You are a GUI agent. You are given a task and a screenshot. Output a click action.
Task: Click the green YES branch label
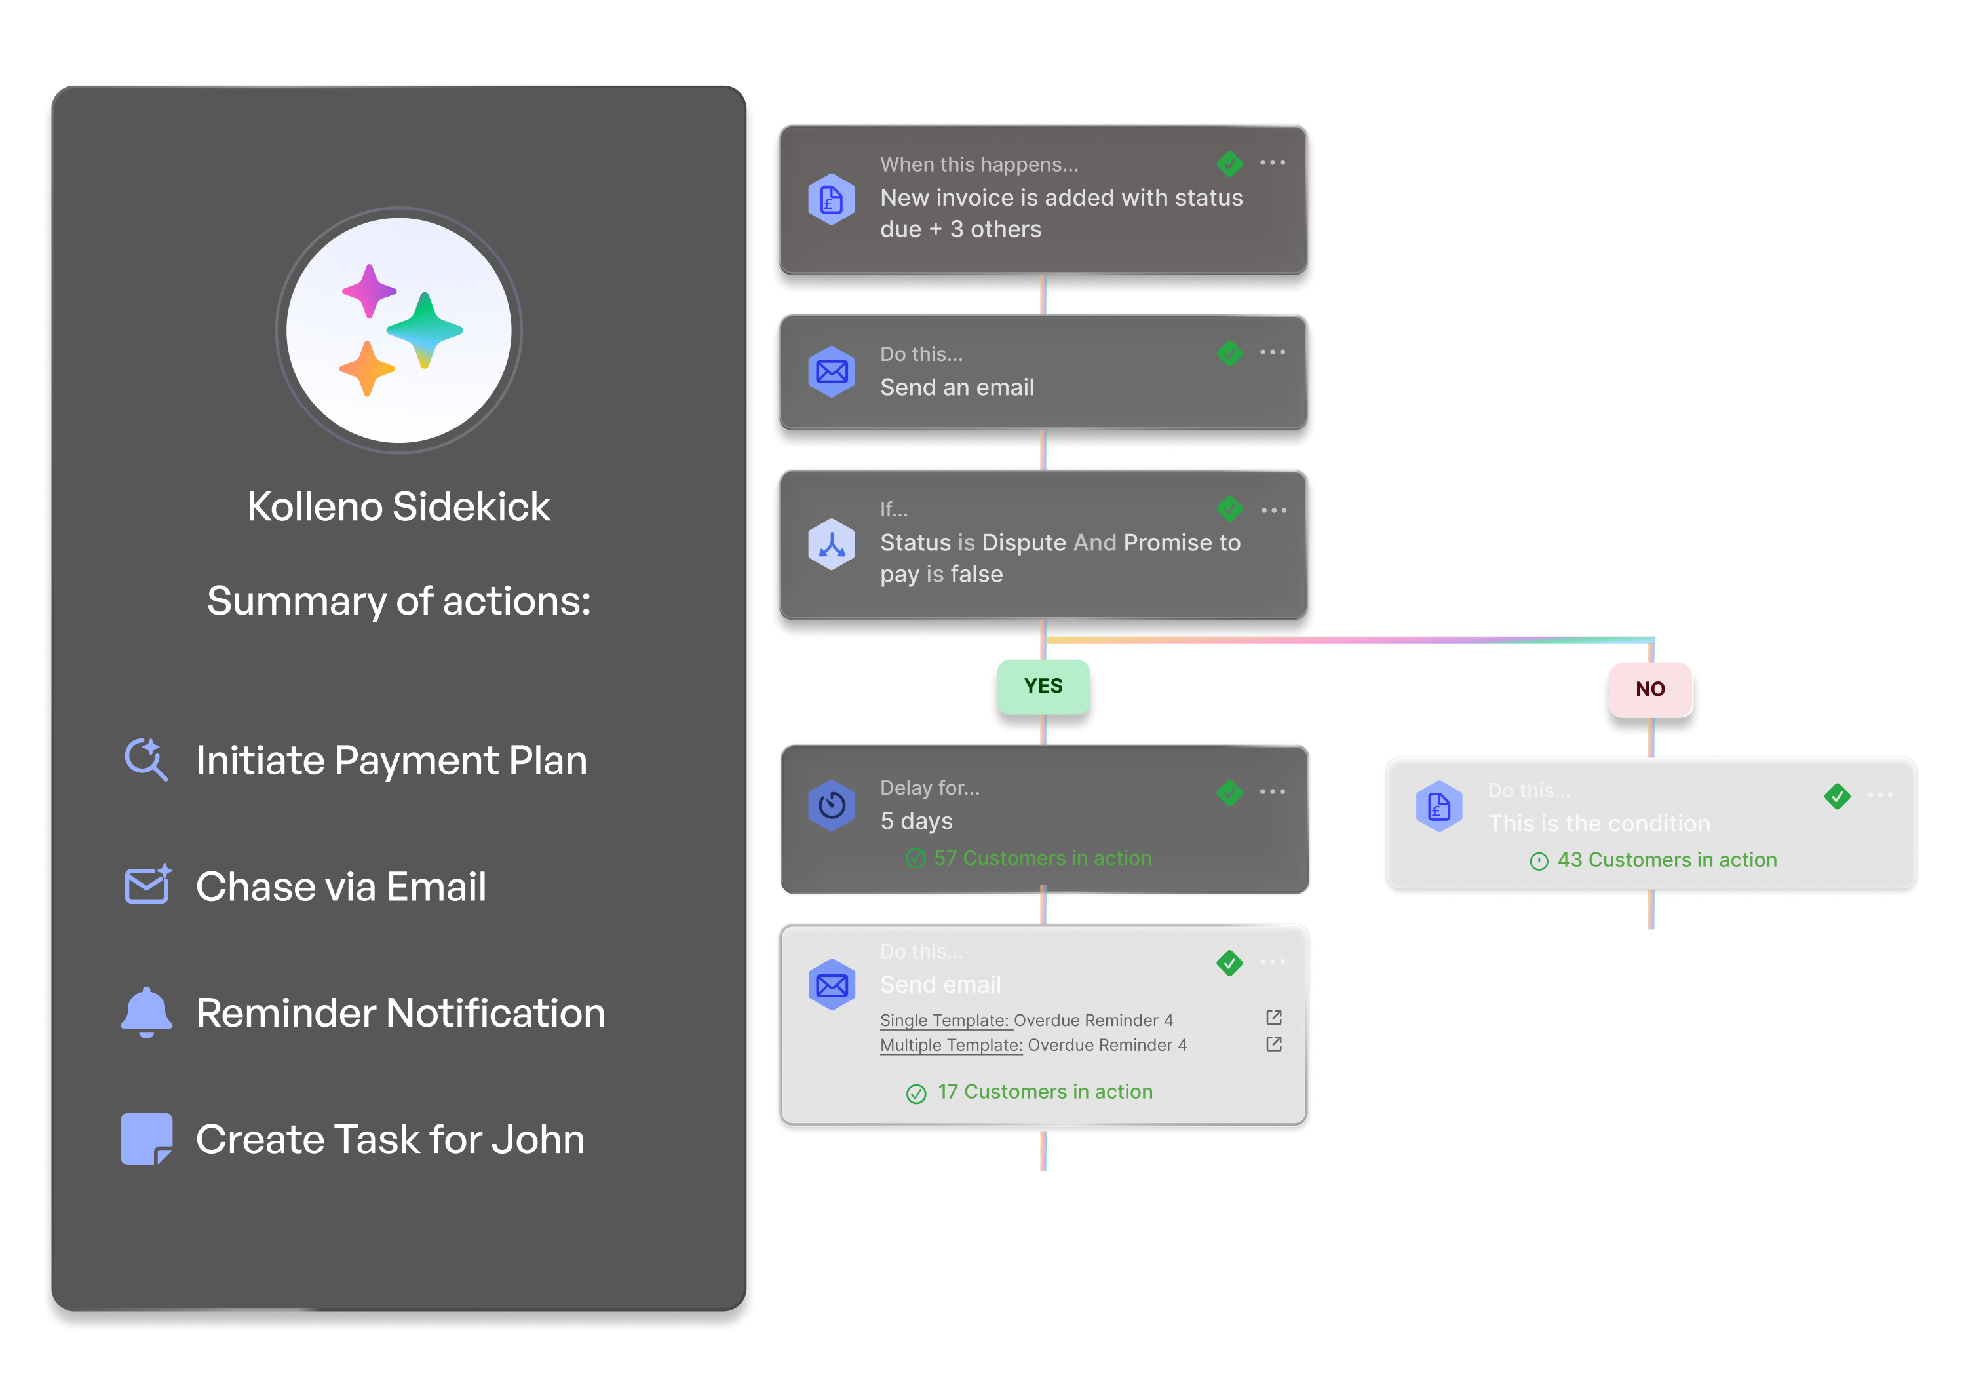pyautogui.click(x=1043, y=687)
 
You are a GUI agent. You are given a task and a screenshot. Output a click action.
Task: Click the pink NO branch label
pyautogui.click(x=1650, y=689)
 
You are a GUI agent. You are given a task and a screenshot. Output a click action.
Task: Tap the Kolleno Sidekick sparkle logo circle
pyautogui.click(x=399, y=330)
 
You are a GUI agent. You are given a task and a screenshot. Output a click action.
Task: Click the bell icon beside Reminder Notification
pyautogui.click(x=146, y=1012)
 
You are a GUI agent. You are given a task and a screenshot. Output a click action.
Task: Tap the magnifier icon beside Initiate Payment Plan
pyautogui.click(x=146, y=759)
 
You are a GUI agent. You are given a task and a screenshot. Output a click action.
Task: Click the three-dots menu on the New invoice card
pyautogui.click(x=1273, y=162)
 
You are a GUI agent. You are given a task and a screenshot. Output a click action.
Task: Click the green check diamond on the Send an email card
pyautogui.click(x=1229, y=352)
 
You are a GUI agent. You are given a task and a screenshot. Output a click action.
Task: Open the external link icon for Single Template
pyautogui.click(x=1273, y=1018)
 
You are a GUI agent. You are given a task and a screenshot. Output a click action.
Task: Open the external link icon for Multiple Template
pyautogui.click(x=1273, y=1044)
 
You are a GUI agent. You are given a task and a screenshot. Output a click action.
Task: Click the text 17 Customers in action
pyautogui.click(x=1044, y=1092)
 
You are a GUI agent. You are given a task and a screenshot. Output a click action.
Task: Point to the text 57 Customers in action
pyautogui.click(x=1042, y=858)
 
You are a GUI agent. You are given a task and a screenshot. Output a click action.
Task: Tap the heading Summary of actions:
pyautogui.click(x=399, y=601)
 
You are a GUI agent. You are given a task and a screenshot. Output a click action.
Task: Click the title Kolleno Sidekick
pyautogui.click(x=399, y=506)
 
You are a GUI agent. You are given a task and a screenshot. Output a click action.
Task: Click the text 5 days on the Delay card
pyautogui.click(x=916, y=822)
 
